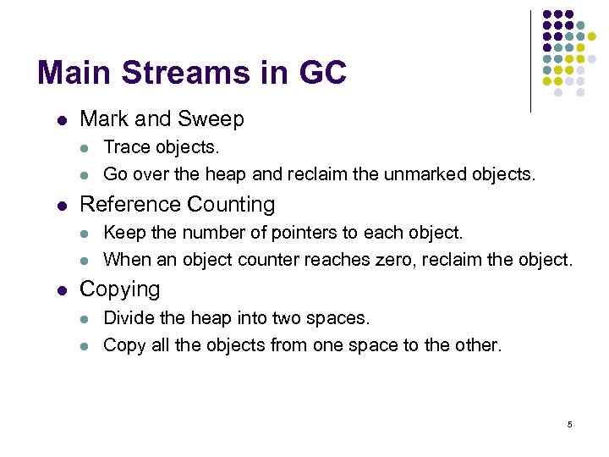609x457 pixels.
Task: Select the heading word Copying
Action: coord(119,289)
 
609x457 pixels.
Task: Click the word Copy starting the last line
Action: coord(124,345)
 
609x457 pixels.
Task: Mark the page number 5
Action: coord(569,424)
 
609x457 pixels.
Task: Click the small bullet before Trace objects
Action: coord(85,148)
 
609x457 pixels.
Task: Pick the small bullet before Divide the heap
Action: coord(85,319)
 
